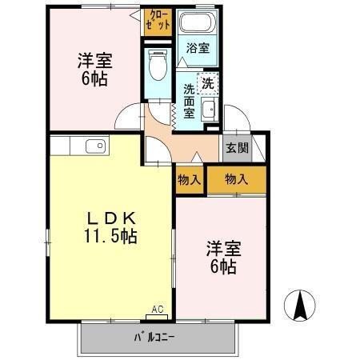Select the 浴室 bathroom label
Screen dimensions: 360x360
tap(198, 48)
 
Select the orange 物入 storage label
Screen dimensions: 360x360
tap(237, 180)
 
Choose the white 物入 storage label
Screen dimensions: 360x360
tap(190, 180)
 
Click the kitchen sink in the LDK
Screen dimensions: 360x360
tap(94, 146)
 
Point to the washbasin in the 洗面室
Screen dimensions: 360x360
tap(209, 110)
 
